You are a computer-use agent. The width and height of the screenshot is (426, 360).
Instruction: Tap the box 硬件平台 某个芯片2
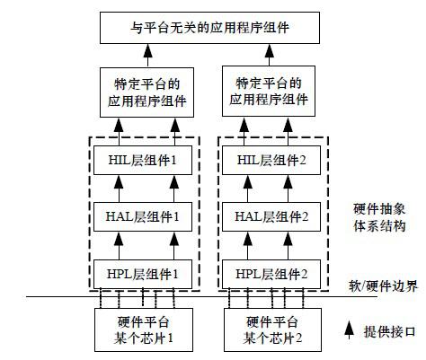(271, 328)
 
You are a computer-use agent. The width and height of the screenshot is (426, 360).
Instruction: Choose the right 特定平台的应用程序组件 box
(271, 93)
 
